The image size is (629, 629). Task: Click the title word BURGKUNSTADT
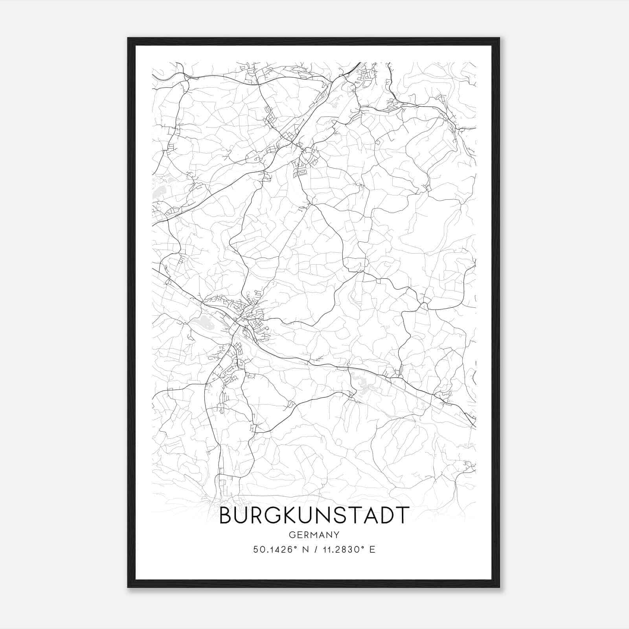(314, 515)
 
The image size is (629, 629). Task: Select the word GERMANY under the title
(314, 535)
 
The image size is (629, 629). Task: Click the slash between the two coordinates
(313, 550)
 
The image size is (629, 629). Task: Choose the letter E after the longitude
(372, 550)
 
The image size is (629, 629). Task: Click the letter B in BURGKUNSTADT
(226, 515)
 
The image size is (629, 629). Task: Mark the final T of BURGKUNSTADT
(402, 515)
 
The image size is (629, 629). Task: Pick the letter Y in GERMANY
(337, 535)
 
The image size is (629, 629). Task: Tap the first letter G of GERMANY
(291, 535)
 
